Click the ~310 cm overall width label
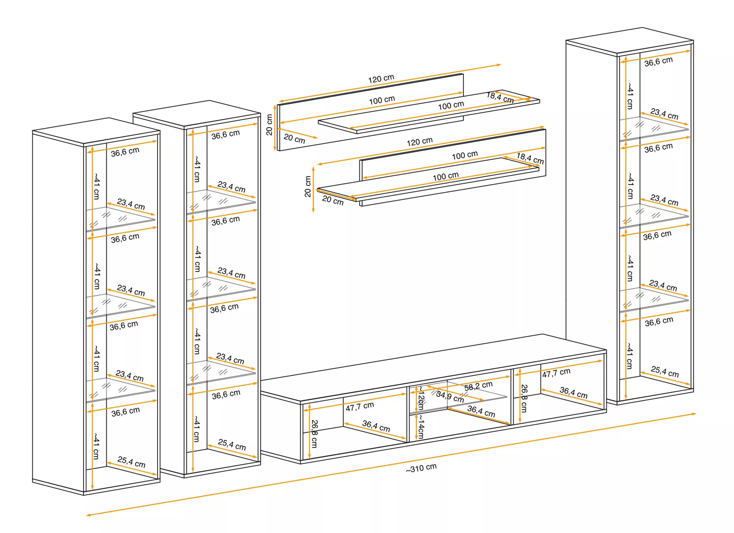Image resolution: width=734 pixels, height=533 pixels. click(421, 468)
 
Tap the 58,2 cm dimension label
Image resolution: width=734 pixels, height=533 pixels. click(478, 385)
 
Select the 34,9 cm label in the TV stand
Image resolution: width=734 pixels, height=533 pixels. click(450, 397)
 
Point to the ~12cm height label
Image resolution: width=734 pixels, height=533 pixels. click(421, 398)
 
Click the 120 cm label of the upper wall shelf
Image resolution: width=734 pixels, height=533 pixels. click(381, 79)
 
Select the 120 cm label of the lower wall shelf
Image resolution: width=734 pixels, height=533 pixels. click(419, 142)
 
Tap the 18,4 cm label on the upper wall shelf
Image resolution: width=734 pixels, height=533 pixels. click(500, 97)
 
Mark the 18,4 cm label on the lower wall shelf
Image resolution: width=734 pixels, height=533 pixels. click(530, 158)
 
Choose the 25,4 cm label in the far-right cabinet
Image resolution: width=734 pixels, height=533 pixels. click(665, 372)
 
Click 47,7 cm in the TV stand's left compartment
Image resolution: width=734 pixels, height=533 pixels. click(360, 406)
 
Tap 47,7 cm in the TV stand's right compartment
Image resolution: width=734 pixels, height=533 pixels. click(556, 373)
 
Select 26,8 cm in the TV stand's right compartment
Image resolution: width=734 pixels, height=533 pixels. click(524, 398)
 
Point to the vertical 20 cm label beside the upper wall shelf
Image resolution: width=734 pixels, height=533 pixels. click(269, 125)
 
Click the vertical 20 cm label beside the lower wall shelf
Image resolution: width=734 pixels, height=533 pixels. click(308, 186)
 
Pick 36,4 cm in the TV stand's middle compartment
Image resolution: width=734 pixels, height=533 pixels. click(481, 411)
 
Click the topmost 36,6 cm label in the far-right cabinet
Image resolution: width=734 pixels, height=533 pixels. click(658, 62)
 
